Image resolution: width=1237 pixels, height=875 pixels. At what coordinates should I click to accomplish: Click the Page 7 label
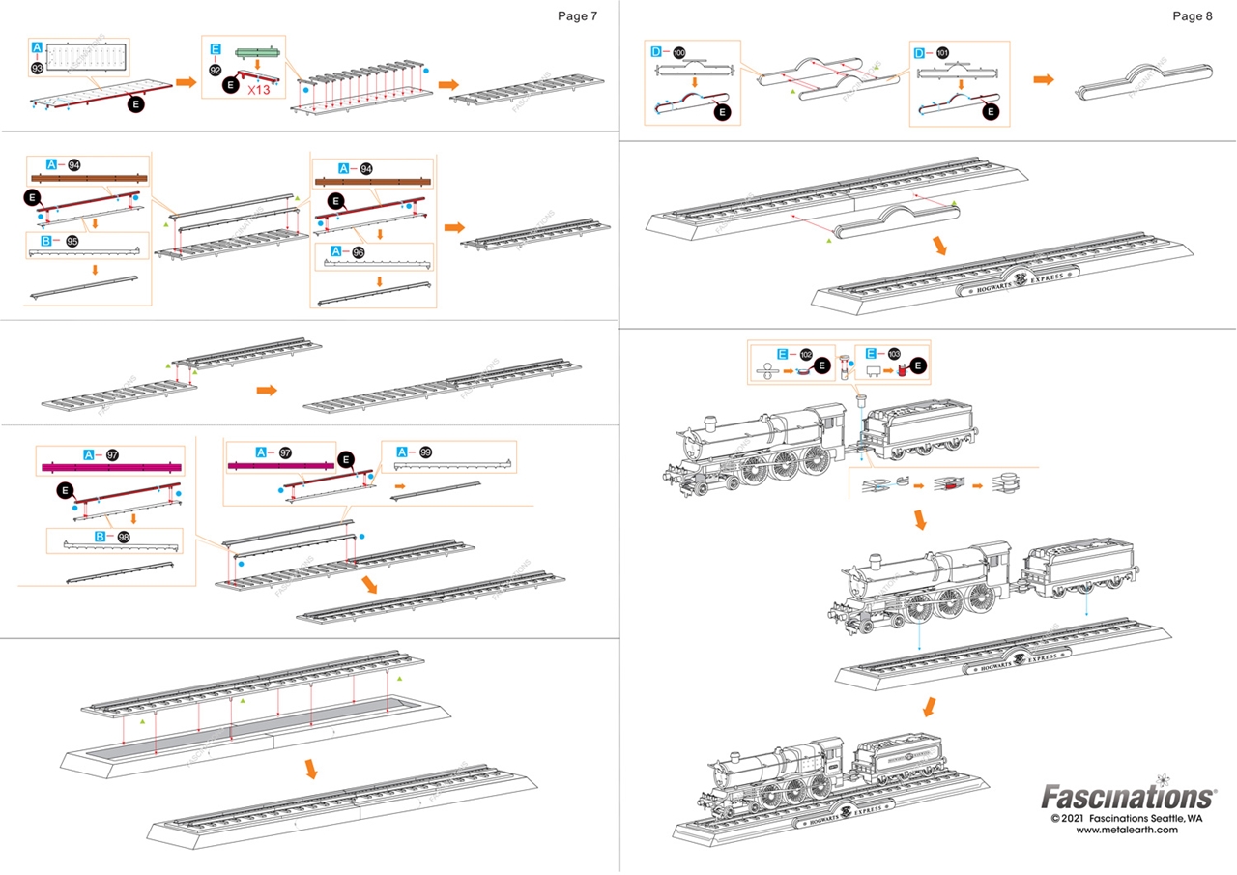pyautogui.click(x=578, y=15)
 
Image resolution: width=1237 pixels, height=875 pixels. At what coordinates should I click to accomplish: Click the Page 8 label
pyautogui.click(x=1192, y=15)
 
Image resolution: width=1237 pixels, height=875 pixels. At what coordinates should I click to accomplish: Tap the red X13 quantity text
pyautogui.click(x=260, y=89)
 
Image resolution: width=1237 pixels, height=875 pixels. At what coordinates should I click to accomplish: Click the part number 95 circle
pyautogui.click(x=72, y=242)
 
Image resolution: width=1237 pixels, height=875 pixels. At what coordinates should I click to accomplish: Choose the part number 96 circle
pyautogui.click(x=360, y=251)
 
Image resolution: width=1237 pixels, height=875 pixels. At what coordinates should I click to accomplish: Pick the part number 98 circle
pyautogui.click(x=125, y=537)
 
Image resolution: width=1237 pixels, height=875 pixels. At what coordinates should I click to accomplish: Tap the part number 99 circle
pyautogui.click(x=425, y=452)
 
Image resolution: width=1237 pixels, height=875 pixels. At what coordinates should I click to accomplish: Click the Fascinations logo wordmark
pyautogui.click(x=1127, y=797)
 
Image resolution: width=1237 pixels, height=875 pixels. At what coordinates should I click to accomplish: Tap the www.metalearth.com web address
pyautogui.click(x=1127, y=830)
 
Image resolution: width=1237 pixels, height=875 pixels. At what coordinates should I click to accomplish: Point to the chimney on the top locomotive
pyautogui.click(x=710, y=422)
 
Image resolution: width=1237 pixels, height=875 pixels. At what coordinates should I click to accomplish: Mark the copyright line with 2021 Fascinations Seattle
pyautogui.click(x=1127, y=817)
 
